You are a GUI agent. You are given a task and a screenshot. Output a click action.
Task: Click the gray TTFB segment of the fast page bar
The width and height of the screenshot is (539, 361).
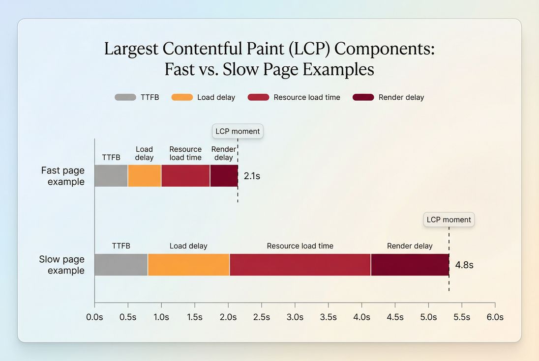point(111,176)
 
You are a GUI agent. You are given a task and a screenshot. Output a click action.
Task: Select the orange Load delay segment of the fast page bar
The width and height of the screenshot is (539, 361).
point(145,176)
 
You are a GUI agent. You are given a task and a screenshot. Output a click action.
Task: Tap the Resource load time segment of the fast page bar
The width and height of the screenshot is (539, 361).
point(185,176)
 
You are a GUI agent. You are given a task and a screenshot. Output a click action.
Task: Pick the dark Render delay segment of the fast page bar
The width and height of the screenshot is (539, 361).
point(224,176)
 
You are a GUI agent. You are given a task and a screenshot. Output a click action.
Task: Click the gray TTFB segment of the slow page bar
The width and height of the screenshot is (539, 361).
point(121,265)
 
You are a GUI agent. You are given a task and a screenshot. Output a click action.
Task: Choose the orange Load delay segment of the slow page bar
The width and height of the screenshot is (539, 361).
point(188,265)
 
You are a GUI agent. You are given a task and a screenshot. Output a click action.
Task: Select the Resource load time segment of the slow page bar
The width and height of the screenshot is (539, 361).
point(300,265)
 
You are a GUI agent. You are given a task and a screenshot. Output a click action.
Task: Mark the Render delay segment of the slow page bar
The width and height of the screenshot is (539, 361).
point(410,265)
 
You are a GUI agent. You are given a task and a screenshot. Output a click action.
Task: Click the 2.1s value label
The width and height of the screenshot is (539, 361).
point(252,176)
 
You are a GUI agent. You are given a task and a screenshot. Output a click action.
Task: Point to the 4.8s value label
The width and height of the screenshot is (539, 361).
point(464,265)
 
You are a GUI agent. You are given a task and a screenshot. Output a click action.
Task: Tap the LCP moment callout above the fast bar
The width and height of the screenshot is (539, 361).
point(238,132)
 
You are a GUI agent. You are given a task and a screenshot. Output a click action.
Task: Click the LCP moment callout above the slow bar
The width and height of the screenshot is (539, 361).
point(449,220)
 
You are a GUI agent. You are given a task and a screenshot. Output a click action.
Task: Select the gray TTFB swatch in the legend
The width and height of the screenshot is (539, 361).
point(125,97)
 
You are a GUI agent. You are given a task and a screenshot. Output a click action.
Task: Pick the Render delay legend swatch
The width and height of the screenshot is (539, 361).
point(363,97)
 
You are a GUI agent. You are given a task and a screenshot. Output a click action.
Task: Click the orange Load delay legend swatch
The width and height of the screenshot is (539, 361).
point(182,97)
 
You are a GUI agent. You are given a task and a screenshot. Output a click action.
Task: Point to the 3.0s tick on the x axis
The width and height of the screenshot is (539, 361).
point(295,317)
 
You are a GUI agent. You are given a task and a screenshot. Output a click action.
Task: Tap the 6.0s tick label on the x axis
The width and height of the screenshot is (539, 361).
point(495,317)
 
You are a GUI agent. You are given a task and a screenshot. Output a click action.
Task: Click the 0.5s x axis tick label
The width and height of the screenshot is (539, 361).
point(128,317)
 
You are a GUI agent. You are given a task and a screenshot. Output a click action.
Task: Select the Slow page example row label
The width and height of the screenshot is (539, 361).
point(62,265)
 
